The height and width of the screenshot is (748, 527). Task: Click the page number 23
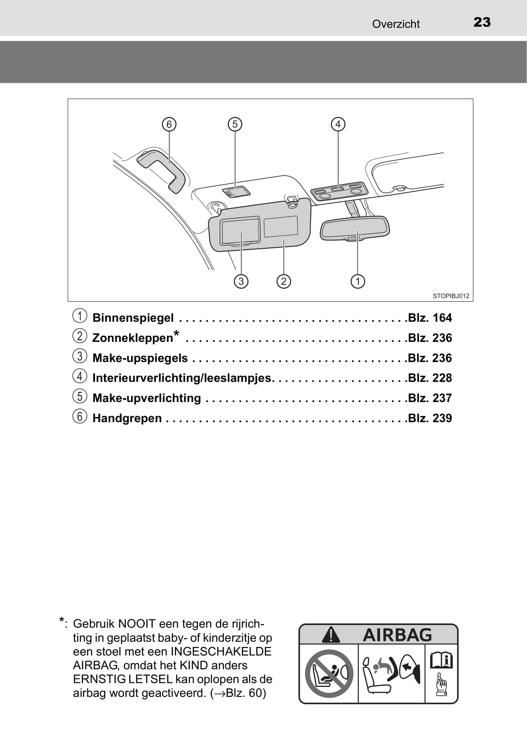(x=482, y=22)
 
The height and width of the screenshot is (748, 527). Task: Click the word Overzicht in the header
(x=395, y=24)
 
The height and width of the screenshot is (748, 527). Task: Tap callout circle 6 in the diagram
(x=169, y=124)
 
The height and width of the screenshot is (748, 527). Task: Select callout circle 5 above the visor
(x=235, y=124)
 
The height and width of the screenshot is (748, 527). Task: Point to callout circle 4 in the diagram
(x=338, y=124)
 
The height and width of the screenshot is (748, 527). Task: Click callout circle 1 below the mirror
(x=358, y=281)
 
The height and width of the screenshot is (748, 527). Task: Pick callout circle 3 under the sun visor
(x=241, y=281)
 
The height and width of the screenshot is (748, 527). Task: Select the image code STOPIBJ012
(x=451, y=296)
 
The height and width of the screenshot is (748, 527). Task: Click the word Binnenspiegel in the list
(x=133, y=318)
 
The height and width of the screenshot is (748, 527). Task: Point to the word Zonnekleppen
(x=132, y=338)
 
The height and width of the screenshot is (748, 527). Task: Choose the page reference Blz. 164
(x=429, y=318)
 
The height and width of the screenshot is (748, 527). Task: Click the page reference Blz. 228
(x=429, y=378)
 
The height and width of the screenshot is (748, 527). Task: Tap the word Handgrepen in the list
(x=127, y=418)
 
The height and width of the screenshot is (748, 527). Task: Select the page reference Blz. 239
(x=429, y=418)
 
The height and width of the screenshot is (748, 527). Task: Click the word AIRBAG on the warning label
(x=397, y=635)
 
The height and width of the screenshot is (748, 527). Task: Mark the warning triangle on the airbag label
(x=331, y=635)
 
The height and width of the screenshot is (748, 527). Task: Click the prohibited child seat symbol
(x=329, y=673)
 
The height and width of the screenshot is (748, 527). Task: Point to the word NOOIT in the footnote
(x=136, y=624)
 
